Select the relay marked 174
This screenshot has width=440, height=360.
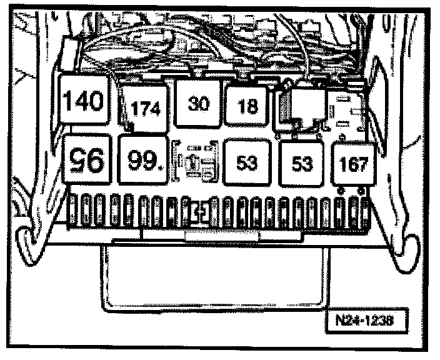[145, 108]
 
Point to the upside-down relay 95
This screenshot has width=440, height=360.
[88, 160]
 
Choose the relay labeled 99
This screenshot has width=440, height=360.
[144, 161]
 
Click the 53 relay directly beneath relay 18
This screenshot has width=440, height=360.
[247, 162]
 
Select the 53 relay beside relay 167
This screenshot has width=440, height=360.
[302, 162]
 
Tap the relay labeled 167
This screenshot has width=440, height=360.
[353, 163]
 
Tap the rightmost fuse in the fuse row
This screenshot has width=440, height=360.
[360, 209]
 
